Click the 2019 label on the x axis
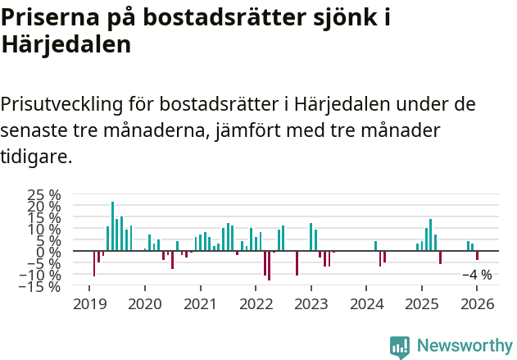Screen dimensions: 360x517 [x=88, y=305]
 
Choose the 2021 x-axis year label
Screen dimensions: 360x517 [x=199, y=305]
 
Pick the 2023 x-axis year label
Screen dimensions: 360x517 [x=311, y=305]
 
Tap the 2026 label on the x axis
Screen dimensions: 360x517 [x=477, y=305]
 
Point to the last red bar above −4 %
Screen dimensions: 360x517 [x=477, y=256]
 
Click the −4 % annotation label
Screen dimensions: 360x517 [x=477, y=276]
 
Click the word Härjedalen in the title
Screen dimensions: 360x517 [x=66, y=45]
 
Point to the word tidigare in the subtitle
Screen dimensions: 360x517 [x=36, y=156]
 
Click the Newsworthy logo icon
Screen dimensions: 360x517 [x=400, y=347]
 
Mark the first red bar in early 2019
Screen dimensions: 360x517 [x=94, y=263]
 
